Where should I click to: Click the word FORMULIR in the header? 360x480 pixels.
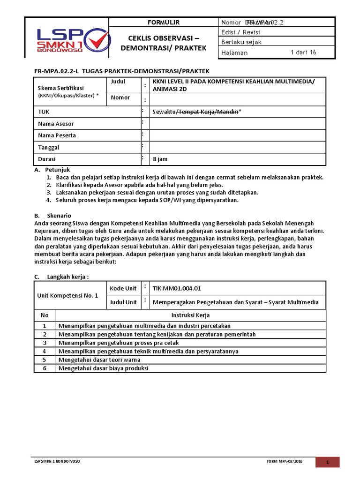pyautogui.click(x=164, y=22)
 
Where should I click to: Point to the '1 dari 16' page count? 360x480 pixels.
pyautogui.click(x=303, y=52)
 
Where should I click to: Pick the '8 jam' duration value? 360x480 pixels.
pyautogui.click(x=160, y=159)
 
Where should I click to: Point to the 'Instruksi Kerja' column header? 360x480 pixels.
pyautogui.click(x=190, y=315)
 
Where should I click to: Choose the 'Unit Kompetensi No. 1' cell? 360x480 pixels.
pyautogui.click(x=68, y=296)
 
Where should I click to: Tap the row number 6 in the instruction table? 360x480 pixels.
pyautogui.click(x=45, y=368)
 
